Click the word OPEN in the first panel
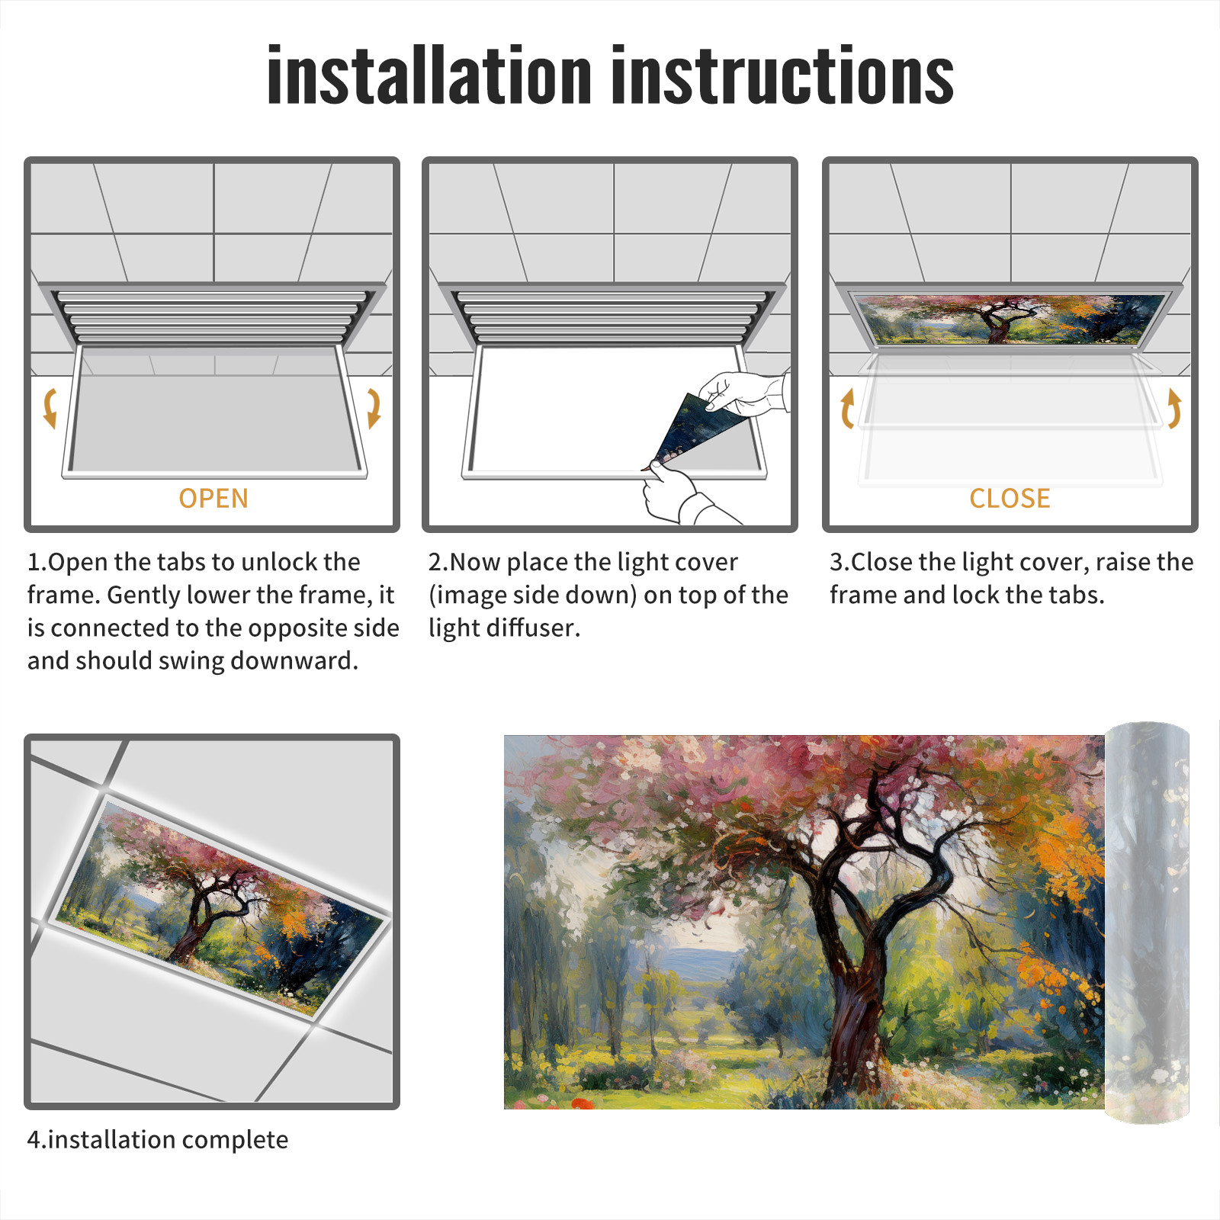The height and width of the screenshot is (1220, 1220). (x=213, y=499)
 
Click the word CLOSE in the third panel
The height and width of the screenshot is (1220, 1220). (x=1010, y=499)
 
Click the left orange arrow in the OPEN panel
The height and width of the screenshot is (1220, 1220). (x=50, y=407)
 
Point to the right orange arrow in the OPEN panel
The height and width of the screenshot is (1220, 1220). (x=374, y=407)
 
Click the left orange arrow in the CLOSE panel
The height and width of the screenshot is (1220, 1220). (x=847, y=409)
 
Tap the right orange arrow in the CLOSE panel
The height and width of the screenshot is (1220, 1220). (x=1174, y=409)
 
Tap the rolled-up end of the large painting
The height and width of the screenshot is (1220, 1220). (x=1147, y=923)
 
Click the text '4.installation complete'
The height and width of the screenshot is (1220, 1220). (x=158, y=1140)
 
